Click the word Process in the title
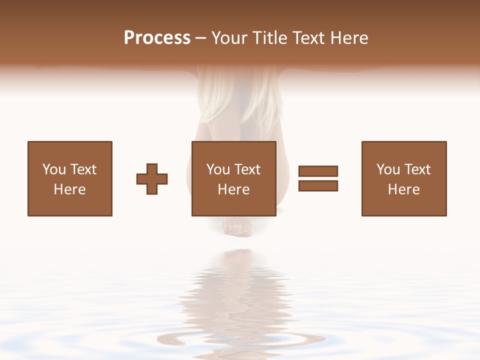(157, 38)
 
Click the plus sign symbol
(152, 178)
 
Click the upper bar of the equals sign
(318, 171)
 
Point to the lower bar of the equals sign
(318, 185)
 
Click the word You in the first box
(54, 169)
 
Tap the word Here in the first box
(69, 189)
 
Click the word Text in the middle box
(247, 169)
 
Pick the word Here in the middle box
(233, 189)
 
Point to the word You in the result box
(388, 169)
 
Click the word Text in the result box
(417, 169)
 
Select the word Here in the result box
(403, 189)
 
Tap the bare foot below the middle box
(237, 228)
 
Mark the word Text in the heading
(309, 38)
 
